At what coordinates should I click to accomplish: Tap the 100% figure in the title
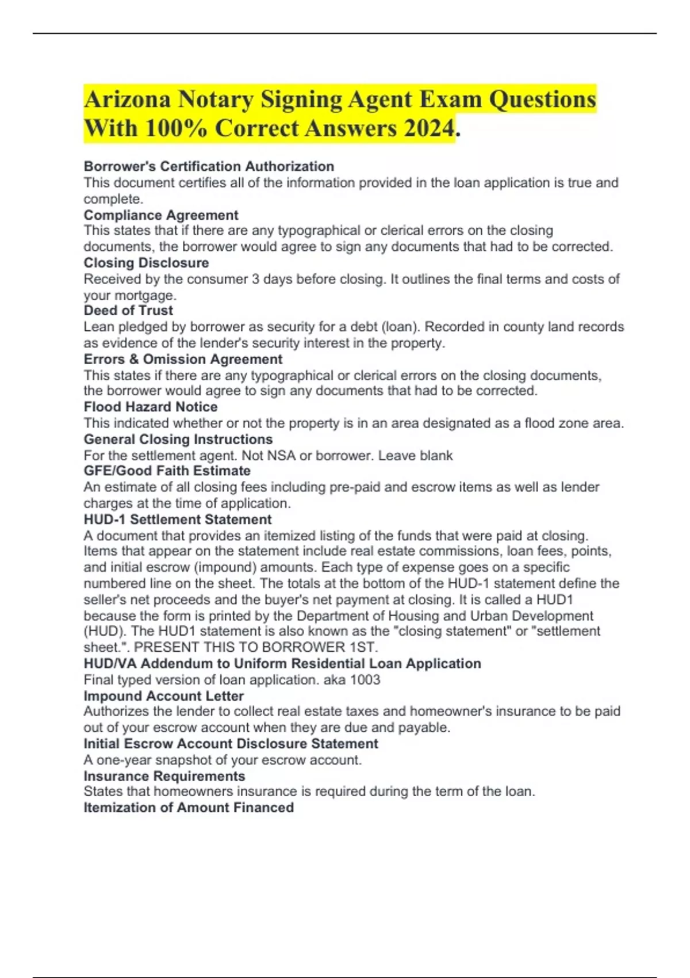(x=176, y=128)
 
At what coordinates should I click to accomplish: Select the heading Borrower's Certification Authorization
(x=209, y=166)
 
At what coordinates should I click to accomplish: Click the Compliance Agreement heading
(x=161, y=215)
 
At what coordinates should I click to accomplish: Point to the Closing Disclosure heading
(x=146, y=263)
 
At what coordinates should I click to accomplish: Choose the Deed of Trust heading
(x=128, y=311)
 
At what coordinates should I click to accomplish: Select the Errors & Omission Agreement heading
(x=183, y=359)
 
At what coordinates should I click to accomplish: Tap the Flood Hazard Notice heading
(x=151, y=407)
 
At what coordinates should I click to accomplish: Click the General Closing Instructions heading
(x=178, y=439)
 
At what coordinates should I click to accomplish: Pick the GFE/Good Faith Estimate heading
(x=167, y=471)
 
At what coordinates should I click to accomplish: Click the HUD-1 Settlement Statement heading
(x=178, y=519)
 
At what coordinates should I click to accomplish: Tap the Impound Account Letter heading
(x=164, y=696)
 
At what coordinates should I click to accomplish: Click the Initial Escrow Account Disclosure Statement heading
(x=231, y=743)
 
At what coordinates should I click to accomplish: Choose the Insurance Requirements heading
(x=164, y=775)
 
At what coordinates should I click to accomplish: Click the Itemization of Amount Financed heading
(x=189, y=807)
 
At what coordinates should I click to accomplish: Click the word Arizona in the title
(x=127, y=100)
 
